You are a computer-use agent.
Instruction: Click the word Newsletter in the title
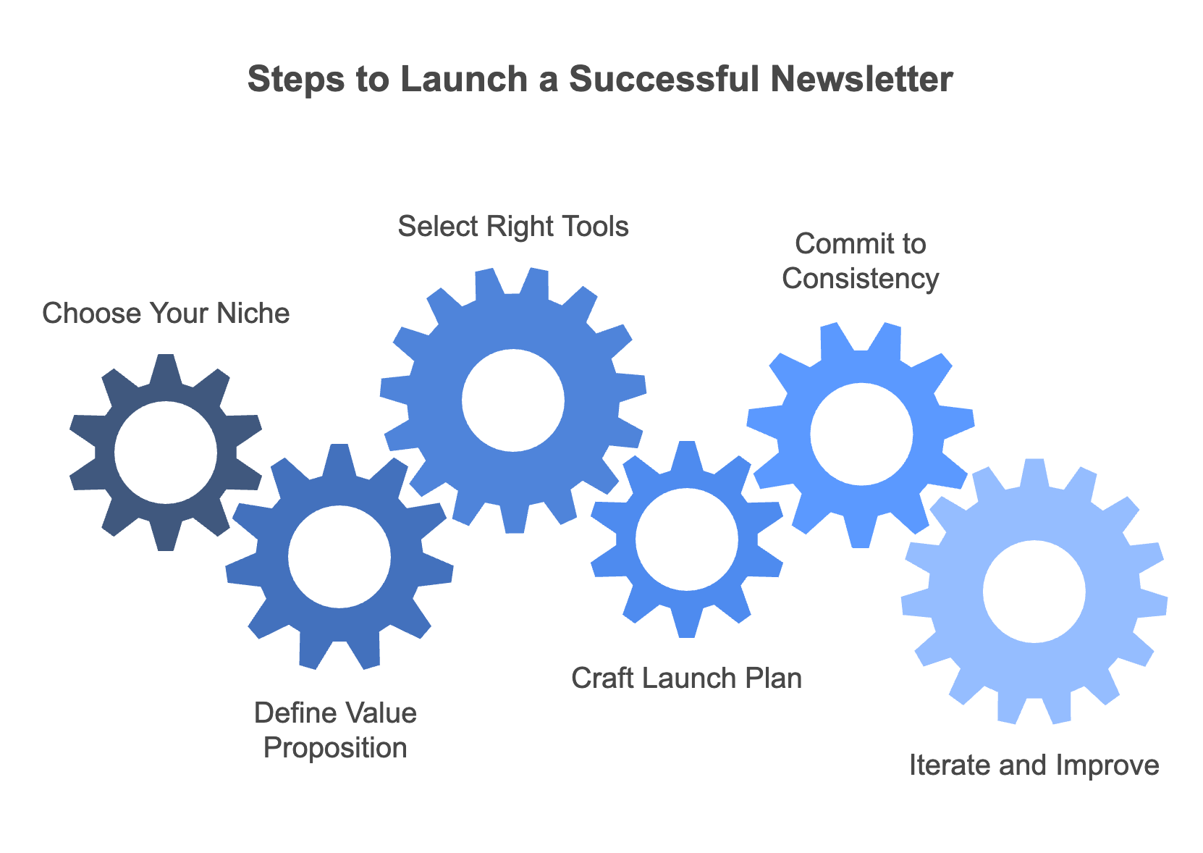(861, 80)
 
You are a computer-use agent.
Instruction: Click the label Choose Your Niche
(166, 314)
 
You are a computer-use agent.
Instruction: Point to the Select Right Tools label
(513, 227)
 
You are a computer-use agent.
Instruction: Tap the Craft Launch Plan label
(686, 678)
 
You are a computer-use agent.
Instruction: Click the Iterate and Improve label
(1034, 765)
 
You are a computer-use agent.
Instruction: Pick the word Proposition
(335, 748)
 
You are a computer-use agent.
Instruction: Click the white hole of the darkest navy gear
(166, 453)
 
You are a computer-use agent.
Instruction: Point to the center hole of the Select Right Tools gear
(513, 400)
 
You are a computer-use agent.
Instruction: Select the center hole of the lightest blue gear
(1034, 592)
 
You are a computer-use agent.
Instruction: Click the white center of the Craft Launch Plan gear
(686, 539)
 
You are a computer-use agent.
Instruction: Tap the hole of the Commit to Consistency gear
(861, 434)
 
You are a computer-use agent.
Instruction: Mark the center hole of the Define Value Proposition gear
(339, 557)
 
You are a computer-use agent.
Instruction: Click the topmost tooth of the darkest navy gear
(166, 369)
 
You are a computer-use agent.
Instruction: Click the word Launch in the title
(463, 80)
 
